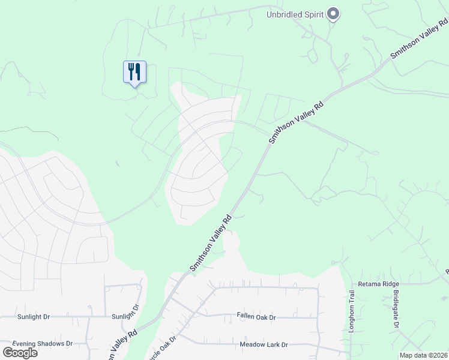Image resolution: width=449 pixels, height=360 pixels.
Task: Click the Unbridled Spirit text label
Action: [x=295, y=14]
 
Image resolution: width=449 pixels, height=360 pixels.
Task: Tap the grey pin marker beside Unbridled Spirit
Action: [x=334, y=14]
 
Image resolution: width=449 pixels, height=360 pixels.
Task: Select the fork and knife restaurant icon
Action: [x=134, y=72]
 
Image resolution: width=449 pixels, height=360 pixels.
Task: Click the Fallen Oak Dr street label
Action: [x=256, y=317]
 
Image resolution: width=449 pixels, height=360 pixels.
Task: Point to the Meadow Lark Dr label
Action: [x=264, y=344]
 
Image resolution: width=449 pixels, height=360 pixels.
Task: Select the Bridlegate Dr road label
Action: [x=396, y=310]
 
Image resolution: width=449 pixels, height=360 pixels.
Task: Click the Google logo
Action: [x=20, y=352]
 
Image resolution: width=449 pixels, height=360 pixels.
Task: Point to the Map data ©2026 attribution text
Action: [x=423, y=355]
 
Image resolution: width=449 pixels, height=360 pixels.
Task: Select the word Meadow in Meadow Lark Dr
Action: [x=252, y=344]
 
